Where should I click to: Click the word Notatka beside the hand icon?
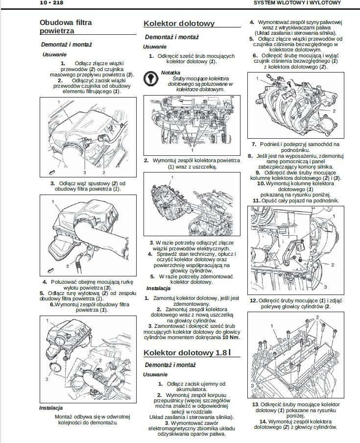[x=170, y=73]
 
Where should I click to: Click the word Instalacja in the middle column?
[x=158, y=289]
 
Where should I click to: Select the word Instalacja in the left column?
[x=51, y=408]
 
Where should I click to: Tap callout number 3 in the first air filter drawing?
[x=84, y=173]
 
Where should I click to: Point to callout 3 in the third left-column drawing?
[x=47, y=379]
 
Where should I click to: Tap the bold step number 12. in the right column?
[x=253, y=300]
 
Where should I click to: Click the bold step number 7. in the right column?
[x=254, y=145]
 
